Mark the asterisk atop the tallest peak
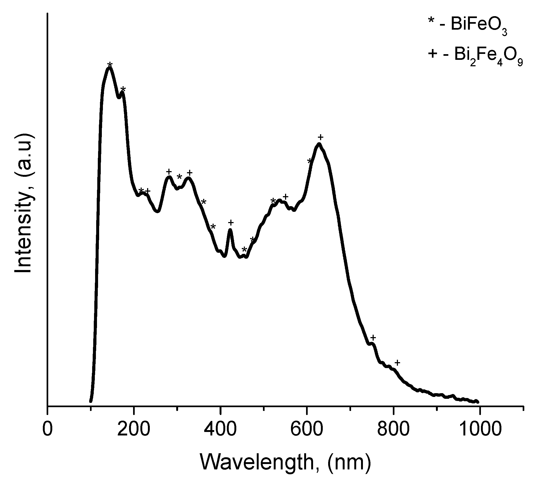pyautogui.click(x=110, y=65)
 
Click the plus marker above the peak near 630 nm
pyautogui.click(x=320, y=137)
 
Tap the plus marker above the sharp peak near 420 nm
pyautogui.click(x=231, y=223)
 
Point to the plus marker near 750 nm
pyautogui.click(x=373, y=337)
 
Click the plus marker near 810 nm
pyautogui.click(x=397, y=363)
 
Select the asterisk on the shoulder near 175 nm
pyautogui.click(x=123, y=89)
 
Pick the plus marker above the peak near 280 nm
pyautogui.click(x=169, y=172)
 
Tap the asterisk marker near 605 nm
pyautogui.click(x=310, y=161)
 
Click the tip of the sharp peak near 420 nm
pyautogui.click(x=230, y=230)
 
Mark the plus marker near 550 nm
pyautogui.click(x=286, y=197)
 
